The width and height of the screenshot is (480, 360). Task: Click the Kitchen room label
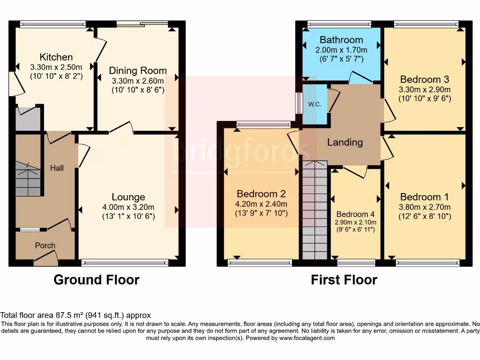coord(56,57)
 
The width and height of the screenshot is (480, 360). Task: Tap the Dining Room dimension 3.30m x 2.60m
coord(138,81)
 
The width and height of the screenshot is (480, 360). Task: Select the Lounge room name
coord(128,197)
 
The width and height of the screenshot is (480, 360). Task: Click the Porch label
coord(45,245)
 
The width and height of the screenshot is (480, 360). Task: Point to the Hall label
coord(57,168)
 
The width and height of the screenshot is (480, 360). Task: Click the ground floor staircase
coord(28,179)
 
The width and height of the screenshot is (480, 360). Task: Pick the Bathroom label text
coord(341,40)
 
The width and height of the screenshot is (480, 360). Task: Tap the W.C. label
coord(314,104)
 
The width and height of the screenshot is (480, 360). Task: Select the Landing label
coord(345,142)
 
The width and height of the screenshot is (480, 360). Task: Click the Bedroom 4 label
coord(355,214)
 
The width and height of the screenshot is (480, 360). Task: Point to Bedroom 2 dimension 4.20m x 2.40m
coord(262,204)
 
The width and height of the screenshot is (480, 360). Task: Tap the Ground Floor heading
coord(96,280)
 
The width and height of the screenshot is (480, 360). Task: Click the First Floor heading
coord(344,280)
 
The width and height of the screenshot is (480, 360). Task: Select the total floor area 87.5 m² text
coord(75,315)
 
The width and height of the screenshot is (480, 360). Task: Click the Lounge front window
coord(124,262)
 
